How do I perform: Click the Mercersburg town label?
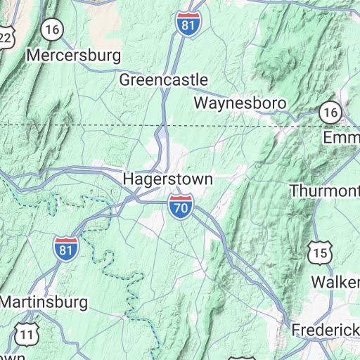click(x=74, y=55)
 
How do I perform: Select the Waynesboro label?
click(x=240, y=103)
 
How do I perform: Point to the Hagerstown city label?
click(x=167, y=179)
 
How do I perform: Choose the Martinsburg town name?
click(x=44, y=302)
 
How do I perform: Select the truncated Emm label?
click(x=341, y=137)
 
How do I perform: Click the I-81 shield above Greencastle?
click(x=186, y=22)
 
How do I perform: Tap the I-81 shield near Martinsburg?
click(x=65, y=248)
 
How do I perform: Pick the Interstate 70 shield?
click(x=179, y=206)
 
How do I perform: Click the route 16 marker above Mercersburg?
click(x=51, y=29)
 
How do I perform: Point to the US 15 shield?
click(x=320, y=252)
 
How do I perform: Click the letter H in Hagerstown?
click(x=129, y=179)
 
